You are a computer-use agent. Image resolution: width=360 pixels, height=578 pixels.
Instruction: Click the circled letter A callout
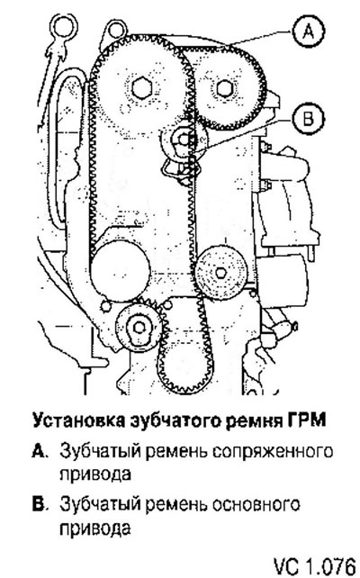308,31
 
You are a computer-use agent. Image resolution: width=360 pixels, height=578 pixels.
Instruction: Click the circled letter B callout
308,119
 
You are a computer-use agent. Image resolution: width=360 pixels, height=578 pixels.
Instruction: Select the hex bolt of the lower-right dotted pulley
220,273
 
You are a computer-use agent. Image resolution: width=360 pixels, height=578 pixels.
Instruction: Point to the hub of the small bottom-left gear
139,328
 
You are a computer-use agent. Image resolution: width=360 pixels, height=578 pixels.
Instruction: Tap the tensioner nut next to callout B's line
184,139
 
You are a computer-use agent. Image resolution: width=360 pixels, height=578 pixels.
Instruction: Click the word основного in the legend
256,504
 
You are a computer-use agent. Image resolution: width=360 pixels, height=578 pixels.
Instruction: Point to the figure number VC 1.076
314,565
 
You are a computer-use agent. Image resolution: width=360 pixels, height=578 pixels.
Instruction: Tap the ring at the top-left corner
65,27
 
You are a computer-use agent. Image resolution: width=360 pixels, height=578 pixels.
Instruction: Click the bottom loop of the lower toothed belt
184,387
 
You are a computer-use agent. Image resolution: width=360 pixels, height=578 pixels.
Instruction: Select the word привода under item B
95,528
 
